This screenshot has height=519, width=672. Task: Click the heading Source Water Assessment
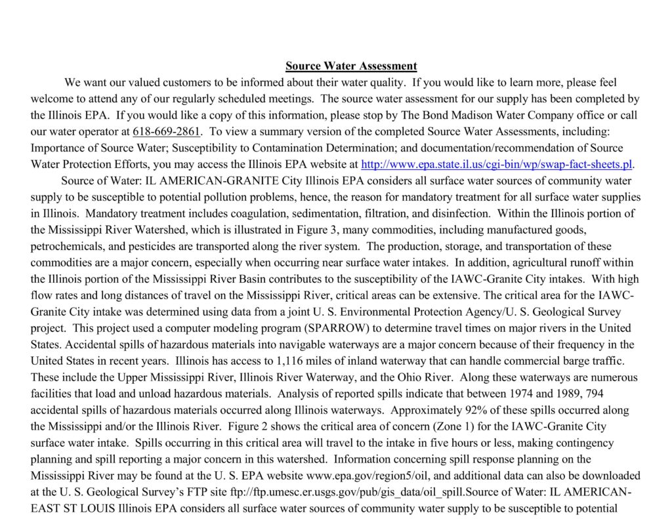pyautogui.click(x=351, y=66)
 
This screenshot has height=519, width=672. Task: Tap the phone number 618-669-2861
pyautogui.click(x=167, y=131)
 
